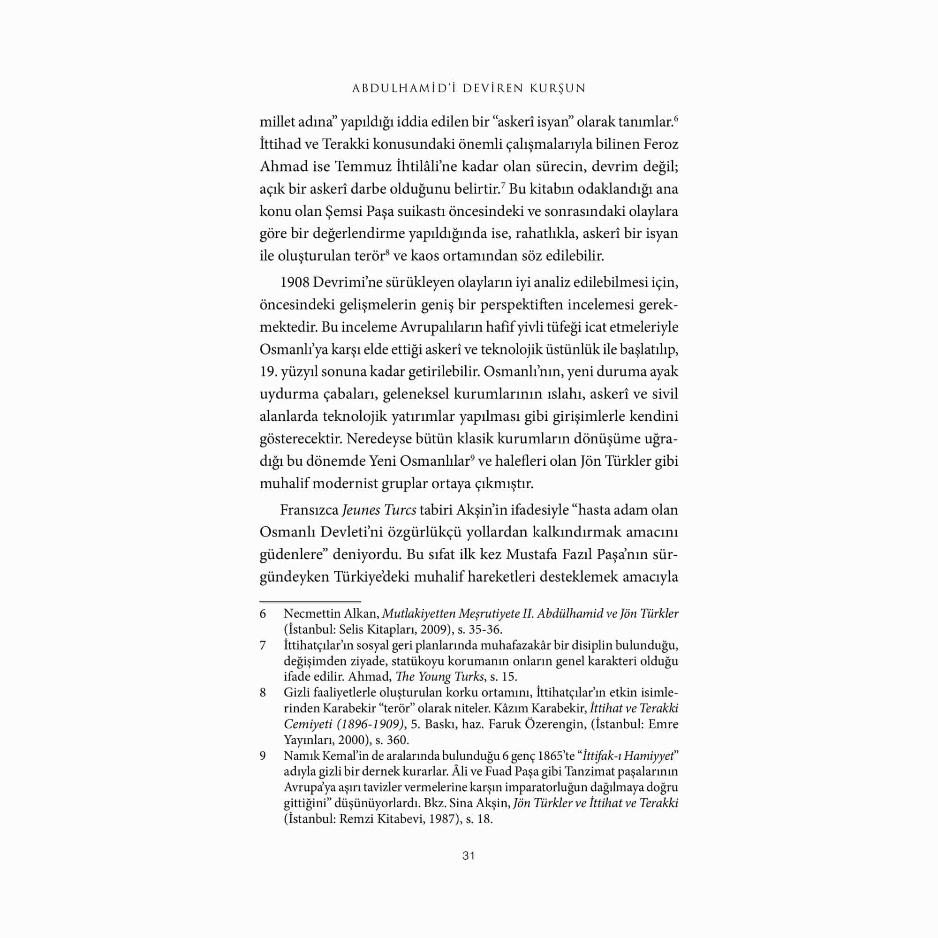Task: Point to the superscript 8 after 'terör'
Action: point(387,251)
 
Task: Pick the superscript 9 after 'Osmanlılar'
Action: point(472,457)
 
